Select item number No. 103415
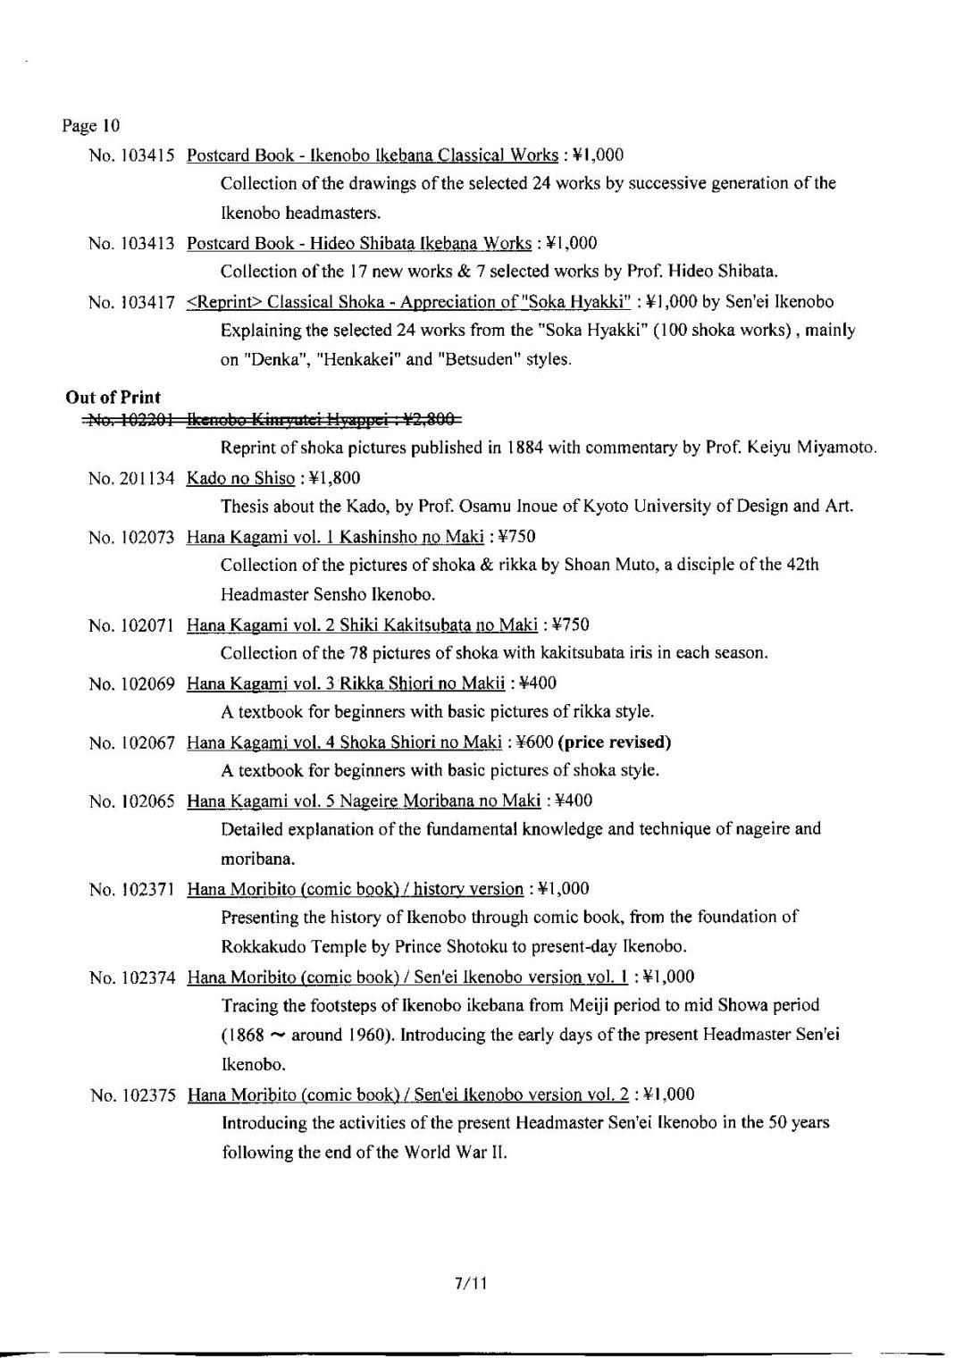130,155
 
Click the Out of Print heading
113,398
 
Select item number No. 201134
130,478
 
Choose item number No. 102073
130,537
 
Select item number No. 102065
130,801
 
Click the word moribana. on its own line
257,860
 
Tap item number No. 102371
130,889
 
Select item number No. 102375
132,1095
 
